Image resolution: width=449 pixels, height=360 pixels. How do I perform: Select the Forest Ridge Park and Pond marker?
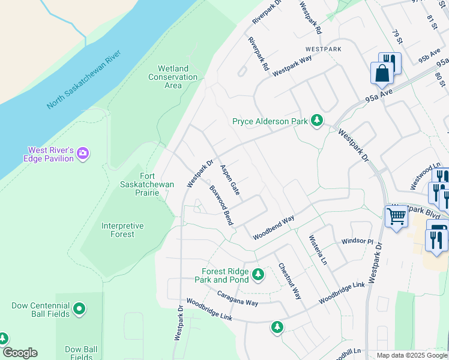pos(258,275)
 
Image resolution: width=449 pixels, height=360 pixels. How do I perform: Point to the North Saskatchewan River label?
pos(84,80)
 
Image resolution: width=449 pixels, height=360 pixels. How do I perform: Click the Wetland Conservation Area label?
pos(173,77)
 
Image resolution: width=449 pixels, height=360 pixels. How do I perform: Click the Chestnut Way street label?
pos(289,281)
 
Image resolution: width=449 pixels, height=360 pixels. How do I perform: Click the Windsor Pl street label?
pos(357,241)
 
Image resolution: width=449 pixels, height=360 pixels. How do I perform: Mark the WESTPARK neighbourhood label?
pos(323,48)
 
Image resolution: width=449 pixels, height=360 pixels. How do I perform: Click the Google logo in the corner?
pos(20,353)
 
